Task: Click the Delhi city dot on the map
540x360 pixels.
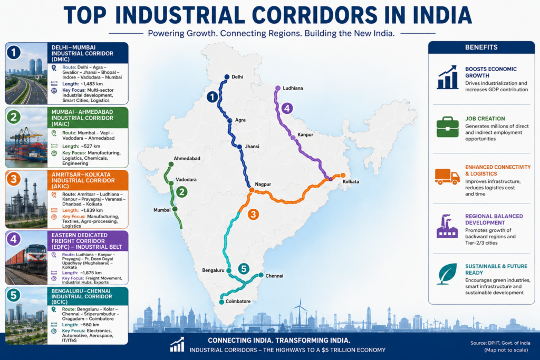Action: click(x=227, y=77)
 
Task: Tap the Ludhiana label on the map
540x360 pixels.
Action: click(x=293, y=88)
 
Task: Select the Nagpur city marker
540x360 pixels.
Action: click(x=252, y=190)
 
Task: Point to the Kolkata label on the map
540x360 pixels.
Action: click(x=351, y=182)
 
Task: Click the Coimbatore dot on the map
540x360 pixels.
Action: click(x=221, y=302)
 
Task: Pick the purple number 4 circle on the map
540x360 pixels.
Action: click(x=287, y=108)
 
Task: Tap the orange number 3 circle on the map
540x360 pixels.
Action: click(x=253, y=215)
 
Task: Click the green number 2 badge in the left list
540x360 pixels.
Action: click(x=14, y=117)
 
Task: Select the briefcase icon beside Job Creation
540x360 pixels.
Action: click(x=447, y=127)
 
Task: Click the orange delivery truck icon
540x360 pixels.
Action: click(x=447, y=177)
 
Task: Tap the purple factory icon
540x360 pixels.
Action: click(x=447, y=226)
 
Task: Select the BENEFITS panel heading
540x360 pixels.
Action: click(x=481, y=47)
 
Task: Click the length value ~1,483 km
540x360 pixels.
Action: click(x=92, y=84)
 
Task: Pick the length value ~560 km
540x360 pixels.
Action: click(x=90, y=325)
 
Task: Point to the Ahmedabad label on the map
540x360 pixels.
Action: click(x=187, y=158)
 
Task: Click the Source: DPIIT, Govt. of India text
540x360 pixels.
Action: click(x=500, y=343)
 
